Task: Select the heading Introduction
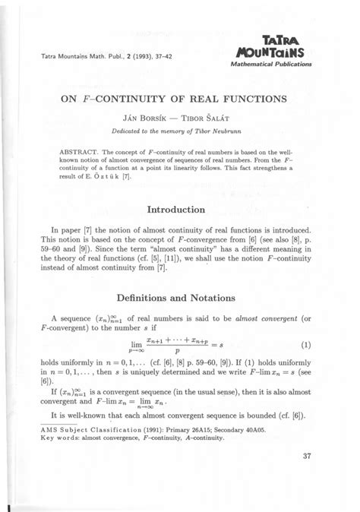coord(178,208)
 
